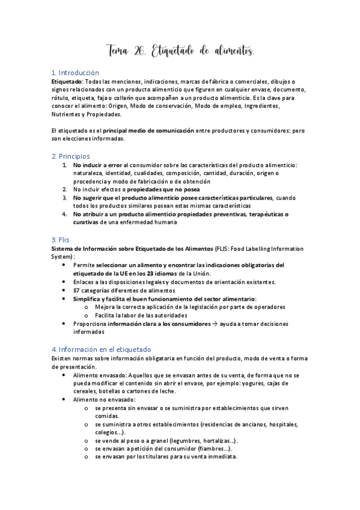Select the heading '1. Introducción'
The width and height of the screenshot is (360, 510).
(75, 73)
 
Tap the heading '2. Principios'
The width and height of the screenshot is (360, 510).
(70, 156)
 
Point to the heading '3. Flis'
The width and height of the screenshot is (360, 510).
(61, 239)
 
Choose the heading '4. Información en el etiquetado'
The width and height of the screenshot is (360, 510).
(101, 349)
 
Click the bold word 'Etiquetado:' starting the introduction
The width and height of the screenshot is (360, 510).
(67, 81)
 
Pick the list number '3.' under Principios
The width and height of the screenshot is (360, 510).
(65, 197)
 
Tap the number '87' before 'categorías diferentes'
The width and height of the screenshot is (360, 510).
(77, 290)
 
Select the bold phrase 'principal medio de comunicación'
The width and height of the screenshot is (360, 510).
(148, 131)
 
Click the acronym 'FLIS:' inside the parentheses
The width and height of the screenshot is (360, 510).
(225, 248)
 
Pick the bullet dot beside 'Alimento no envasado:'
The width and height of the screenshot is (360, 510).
(65, 399)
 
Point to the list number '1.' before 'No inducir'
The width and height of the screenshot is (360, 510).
(65, 164)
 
